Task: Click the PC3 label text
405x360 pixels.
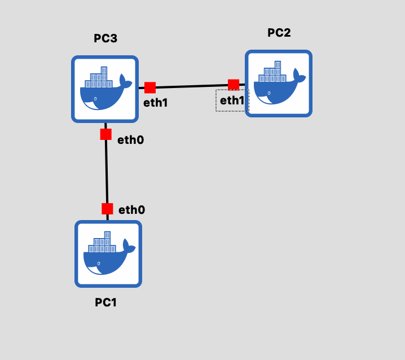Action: (x=105, y=38)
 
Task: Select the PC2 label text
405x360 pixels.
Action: (x=279, y=33)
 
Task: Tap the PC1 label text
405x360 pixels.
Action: (x=105, y=302)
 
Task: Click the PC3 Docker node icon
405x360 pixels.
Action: (x=105, y=89)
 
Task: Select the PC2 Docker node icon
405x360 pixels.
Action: (x=279, y=84)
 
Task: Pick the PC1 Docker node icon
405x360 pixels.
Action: (x=108, y=254)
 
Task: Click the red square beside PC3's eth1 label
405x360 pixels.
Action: (x=150, y=87)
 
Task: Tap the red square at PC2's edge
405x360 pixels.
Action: (x=234, y=85)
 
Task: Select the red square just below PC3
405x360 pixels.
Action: (x=106, y=134)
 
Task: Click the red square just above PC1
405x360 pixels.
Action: (x=107, y=209)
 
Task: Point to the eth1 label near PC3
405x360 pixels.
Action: (x=156, y=103)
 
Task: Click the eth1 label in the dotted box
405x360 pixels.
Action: (x=232, y=100)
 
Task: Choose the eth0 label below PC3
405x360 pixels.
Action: (x=131, y=140)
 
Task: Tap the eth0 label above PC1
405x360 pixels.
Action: (x=132, y=210)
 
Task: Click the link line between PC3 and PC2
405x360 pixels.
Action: (x=192, y=86)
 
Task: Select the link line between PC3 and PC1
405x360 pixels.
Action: (x=107, y=172)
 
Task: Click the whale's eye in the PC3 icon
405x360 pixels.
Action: (x=95, y=99)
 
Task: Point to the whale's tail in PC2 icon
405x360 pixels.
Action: (x=300, y=76)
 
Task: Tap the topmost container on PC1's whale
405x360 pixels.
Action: (x=107, y=235)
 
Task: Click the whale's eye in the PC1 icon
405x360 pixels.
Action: (x=99, y=264)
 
